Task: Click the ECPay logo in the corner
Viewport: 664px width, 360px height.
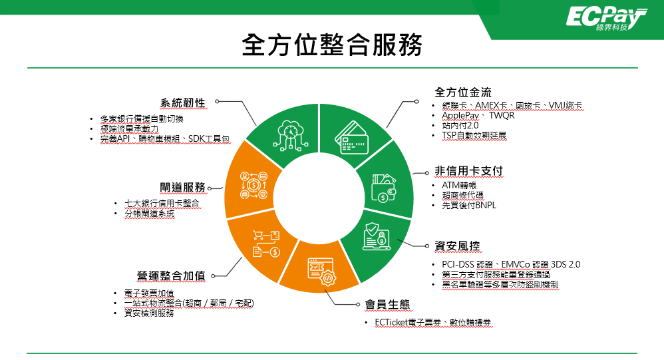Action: [x=606, y=19]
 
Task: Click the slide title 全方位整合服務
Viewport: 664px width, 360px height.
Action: [x=332, y=45]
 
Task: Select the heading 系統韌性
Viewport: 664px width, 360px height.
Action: [x=182, y=103]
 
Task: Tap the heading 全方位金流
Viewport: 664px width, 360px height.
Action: [x=463, y=92]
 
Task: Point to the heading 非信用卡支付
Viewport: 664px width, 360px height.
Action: [x=469, y=171]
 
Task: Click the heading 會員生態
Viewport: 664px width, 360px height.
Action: [x=387, y=305]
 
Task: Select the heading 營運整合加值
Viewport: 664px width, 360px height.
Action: [x=171, y=276]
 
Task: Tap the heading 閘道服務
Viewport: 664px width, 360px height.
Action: [x=182, y=188]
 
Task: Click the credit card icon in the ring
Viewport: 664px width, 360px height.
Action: [x=351, y=138]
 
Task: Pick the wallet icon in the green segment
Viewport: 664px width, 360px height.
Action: [x=384, y=188]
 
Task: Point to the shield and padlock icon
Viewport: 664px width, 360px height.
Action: [x=376, y=236]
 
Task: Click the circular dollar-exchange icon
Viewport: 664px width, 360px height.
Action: [x=253, y=185]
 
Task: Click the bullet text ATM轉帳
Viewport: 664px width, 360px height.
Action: [x=459, y=185]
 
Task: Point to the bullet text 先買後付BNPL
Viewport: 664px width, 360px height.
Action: [x=469, y=206]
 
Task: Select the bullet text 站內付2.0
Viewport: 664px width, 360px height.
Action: [x=460, y=125]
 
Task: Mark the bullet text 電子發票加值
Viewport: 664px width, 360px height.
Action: [x=149, y=293]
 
